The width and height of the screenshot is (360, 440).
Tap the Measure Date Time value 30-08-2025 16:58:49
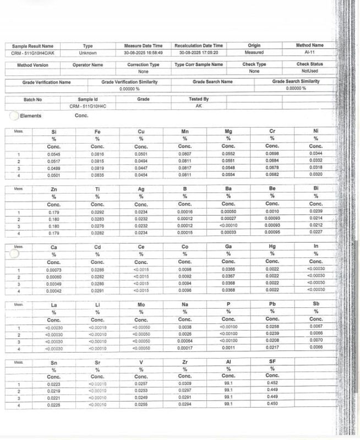tap(143, 52)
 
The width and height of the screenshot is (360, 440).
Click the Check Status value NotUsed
tap(310, 71)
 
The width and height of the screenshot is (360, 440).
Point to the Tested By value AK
tap(199, 106)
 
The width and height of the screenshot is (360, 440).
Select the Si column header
tap(53, 132)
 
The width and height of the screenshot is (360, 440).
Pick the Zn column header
tap(53, 189)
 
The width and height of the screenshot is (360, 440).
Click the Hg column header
tap(272, 247)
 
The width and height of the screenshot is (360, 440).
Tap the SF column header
tap(272, 361)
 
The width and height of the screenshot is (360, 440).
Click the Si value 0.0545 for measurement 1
tap(53, 155)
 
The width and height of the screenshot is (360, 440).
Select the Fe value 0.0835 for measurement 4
tap(97, 175)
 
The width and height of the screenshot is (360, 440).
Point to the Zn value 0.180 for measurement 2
tap(53, 218)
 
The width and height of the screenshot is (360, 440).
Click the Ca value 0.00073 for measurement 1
tap(53, 269)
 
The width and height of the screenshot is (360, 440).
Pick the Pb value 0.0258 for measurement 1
tap(272, 327)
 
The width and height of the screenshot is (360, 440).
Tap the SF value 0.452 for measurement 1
tap(272, 383)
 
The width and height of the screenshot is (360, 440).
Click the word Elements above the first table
tap(30, 116)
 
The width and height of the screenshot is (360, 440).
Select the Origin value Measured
tap(254, 52)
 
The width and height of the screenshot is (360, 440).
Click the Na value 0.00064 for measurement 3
tap(185, 341)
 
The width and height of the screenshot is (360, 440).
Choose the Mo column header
tap(141, 304)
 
